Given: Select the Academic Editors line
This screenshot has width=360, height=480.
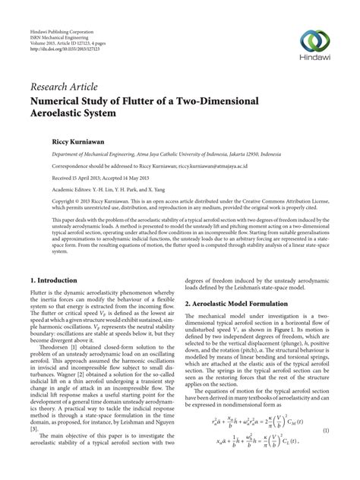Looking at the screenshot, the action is (x=112, y=189).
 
